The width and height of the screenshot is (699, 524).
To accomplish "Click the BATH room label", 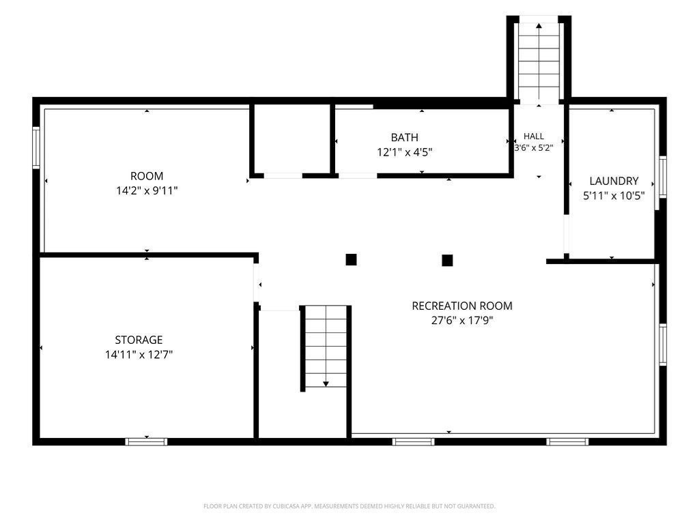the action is (404, 137).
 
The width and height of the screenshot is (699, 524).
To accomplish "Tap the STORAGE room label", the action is (139, 340).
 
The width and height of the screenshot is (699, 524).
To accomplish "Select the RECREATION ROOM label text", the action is (462, 306).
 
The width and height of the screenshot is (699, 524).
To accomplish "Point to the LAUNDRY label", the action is (614, 181).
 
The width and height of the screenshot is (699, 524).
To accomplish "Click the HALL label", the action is (534, 136).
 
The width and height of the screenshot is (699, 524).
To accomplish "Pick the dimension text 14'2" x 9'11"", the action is (147, 191).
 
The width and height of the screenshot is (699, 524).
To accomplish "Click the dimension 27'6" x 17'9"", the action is (462, 321).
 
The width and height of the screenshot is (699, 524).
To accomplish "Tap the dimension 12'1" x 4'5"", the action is (404, 152).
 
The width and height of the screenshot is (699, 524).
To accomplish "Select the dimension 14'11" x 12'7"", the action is (139, 355).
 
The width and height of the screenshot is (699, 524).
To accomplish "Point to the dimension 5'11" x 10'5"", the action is (614, 196).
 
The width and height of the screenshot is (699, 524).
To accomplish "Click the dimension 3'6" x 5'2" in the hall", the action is (534, 147).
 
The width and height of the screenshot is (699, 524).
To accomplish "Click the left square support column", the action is (352, 260).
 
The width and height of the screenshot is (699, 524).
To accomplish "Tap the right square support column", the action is (447, 260).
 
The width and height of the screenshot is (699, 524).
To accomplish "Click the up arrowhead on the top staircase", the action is (539, 26).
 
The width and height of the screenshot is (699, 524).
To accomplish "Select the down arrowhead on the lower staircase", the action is (326, 383).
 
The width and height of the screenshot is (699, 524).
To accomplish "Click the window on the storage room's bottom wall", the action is (146, 441).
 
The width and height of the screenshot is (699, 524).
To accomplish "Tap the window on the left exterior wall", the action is (36, 147).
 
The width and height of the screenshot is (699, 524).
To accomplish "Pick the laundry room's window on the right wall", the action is (663, 177).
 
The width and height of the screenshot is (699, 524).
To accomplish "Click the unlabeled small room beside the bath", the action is (292, 139).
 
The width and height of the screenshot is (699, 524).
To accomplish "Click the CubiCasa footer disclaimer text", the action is (349, 506).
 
